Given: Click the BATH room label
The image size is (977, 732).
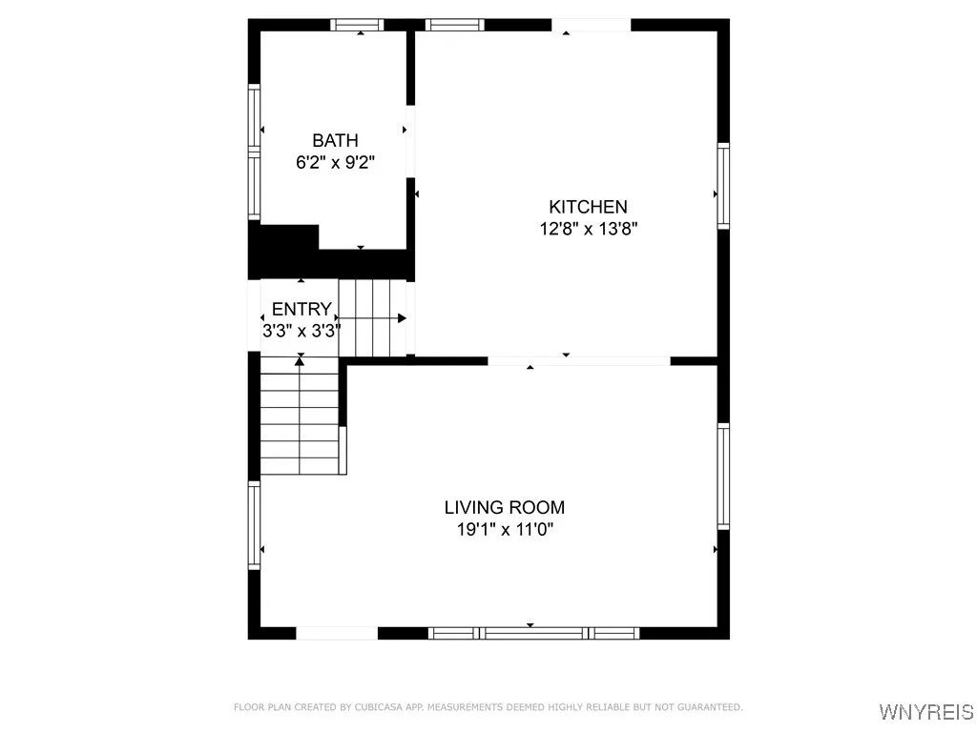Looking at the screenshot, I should point(335,141).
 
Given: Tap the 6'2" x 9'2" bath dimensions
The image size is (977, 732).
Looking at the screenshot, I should point(335,162).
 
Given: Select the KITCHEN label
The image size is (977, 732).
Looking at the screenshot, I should point(588,207).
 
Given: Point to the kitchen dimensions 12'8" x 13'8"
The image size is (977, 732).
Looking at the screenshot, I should point(588,229).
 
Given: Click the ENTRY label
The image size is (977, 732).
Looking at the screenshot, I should point(301,309).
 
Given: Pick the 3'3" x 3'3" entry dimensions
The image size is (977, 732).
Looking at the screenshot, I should point(301,331).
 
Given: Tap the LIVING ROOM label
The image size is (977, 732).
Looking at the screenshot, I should point(505,508).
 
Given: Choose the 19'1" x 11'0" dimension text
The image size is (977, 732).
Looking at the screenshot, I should point(505,530).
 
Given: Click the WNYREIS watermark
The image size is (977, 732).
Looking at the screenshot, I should point(925,712).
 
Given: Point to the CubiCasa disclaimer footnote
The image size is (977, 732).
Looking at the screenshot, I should point(488,707).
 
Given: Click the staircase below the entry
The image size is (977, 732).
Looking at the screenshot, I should point(301,415).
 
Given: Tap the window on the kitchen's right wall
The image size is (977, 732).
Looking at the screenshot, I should point(723,186).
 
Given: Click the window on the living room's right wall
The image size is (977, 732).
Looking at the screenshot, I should point(723,477).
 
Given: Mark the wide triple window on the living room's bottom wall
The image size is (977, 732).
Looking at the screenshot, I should point(533,633).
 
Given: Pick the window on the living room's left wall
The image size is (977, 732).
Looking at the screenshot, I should point(254,525).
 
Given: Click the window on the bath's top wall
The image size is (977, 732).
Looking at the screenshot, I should point(358,25).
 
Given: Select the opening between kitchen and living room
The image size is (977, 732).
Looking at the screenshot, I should point(579,361).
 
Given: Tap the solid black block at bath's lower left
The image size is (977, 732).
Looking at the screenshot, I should point(283,251).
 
